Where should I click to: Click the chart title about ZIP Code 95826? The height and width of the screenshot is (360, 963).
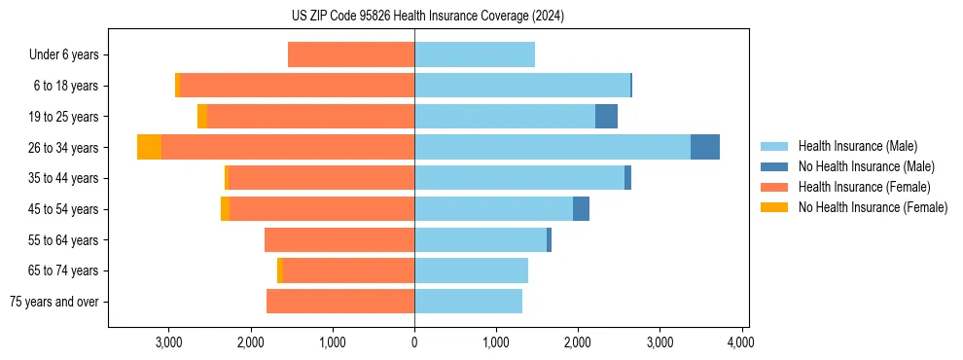tap(427, 17)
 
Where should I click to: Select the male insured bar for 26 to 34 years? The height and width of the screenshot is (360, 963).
tap(553, 147)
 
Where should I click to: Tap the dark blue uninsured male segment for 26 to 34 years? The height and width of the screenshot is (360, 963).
tap(705, 147)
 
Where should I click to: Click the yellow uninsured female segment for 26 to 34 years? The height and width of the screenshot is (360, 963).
tap(149, 147)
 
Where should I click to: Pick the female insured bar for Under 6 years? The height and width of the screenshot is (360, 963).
tap(351, 54)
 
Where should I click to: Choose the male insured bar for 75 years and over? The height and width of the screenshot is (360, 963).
tap(468, 302)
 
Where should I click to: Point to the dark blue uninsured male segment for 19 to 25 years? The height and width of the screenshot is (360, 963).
tap(606, 117)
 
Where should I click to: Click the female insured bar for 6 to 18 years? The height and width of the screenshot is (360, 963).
tap(297, 86)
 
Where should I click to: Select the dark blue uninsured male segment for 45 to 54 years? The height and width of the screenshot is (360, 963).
tap(581, 209)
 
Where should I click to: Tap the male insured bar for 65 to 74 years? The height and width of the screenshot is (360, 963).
tap(471, 270)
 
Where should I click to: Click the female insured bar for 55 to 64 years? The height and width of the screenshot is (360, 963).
tap(339, 239)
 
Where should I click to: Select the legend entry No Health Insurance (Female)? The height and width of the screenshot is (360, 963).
tap(873, 207)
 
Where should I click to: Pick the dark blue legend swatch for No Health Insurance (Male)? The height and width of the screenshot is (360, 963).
tap(774, 166)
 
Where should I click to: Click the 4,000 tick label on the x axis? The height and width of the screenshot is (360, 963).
tap(742, 342)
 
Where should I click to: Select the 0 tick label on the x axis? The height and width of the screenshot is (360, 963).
tap(414, 342)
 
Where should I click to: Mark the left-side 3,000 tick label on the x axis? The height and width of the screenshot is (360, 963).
tap(169, 342)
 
